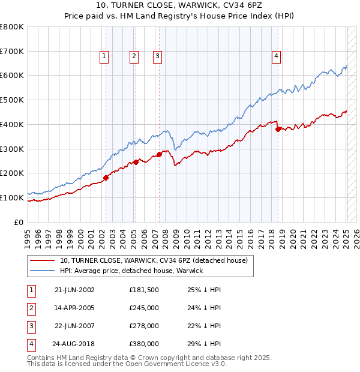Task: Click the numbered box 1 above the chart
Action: click(x=104, y=56)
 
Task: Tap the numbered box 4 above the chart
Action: click(x=277, y=56)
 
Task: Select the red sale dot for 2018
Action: click(x=278, y=128)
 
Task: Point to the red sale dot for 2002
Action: click(x=106, y=177)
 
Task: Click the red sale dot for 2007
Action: click(x=159, y=154)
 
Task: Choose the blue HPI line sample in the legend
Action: click(x=42, y=271)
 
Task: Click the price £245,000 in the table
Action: click(x=144, y=308)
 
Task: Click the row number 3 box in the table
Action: click(x=29, y=326)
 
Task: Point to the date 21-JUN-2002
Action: click(x=74, y=290)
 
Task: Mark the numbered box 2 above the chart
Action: click(x=133, y=56)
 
